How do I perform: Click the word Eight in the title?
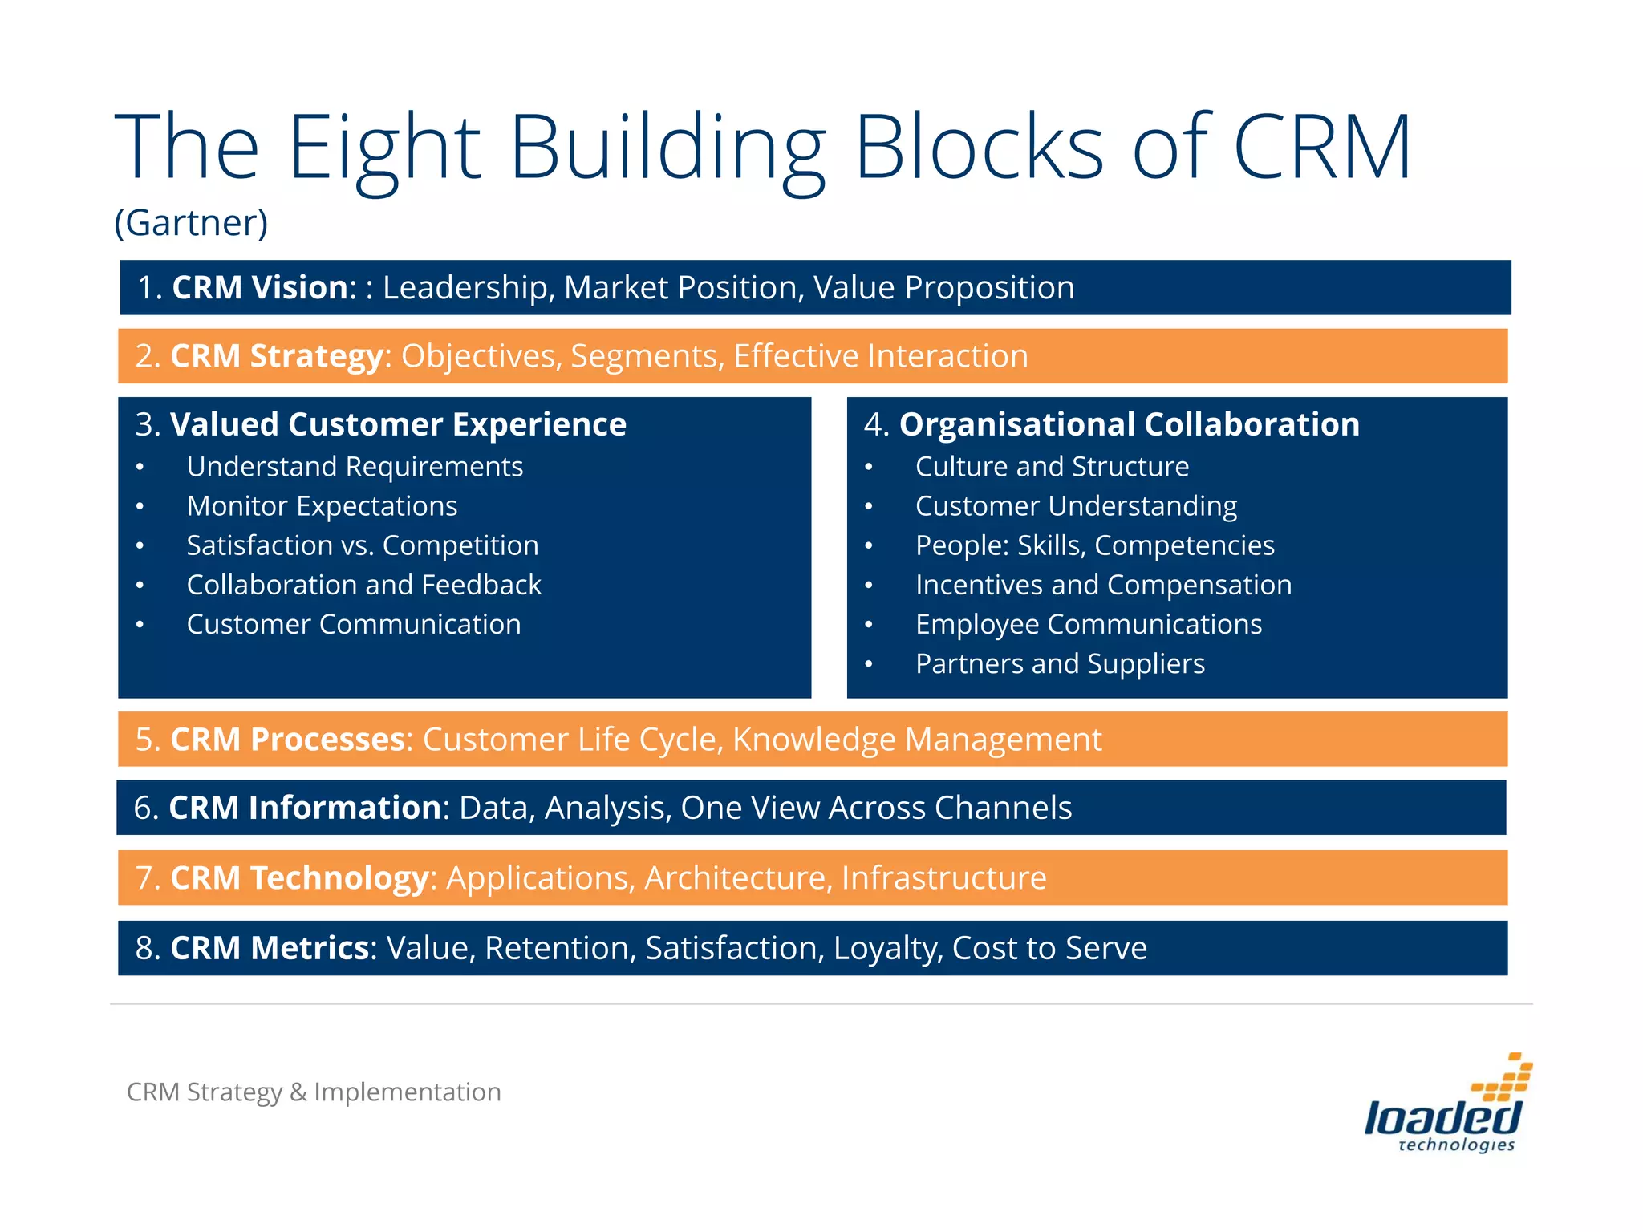click(383, 148)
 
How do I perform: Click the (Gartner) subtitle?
click(191, 223)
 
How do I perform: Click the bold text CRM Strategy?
click(277, 356)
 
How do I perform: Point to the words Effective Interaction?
click(880, 356)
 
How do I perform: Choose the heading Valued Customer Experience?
click(398, 424)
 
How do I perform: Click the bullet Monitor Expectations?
click(322, 506)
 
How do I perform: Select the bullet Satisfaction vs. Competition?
click(363, 545)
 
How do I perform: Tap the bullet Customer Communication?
click(354, 624)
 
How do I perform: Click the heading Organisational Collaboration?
click(1129, 424)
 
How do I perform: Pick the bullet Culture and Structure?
click(1052, 467)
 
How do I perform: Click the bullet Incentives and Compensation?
click(1103, 585)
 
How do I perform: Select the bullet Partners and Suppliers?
click(1060, 664)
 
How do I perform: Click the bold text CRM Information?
click(305, 808)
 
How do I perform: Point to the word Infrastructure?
click(943, 878)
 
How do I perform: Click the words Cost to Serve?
click(1049, 948)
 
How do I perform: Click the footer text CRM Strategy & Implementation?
click(314, 1092)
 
